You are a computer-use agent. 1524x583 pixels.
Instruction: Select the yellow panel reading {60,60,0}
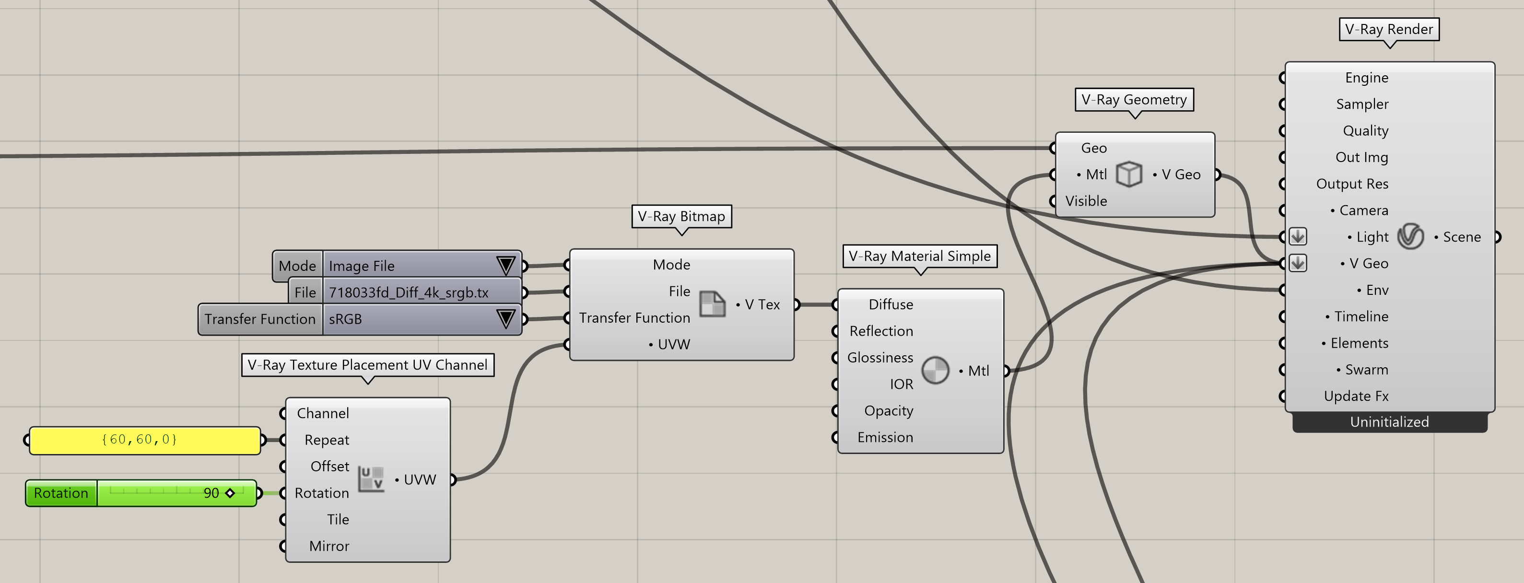pos(145,440)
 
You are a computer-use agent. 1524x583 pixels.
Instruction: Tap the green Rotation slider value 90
pos(211,493)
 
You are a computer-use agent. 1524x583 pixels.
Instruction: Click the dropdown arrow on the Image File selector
pos(506,266)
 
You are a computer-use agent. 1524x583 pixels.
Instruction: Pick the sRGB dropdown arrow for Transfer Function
pos(506,319)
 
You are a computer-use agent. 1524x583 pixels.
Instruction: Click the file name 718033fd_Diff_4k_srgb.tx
pos(409,292)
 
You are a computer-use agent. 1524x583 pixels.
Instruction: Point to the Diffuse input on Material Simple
pos(891,304)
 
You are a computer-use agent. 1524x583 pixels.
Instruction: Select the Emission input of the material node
pos(885,438)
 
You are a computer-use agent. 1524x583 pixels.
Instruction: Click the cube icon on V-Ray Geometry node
pos(1129,175)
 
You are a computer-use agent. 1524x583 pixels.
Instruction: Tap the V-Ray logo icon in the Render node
pos(1410,236)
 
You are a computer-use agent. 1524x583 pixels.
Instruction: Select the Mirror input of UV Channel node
pos(329,547)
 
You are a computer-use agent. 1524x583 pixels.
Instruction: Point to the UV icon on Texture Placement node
pos(372,479)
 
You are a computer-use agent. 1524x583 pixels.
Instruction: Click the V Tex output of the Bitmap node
pos(762,304)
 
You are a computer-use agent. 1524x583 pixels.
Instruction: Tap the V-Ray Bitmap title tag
pos(681,216)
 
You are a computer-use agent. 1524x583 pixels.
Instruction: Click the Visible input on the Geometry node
pos(1086,201)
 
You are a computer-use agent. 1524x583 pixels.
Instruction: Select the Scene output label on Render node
pos(1461,237)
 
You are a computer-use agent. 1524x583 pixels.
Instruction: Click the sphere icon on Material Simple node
pos(935,371)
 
